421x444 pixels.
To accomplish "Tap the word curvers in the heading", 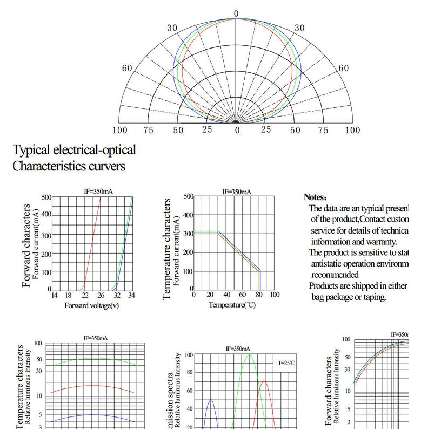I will click(x=105, y=166).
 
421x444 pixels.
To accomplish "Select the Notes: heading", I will click(x=315, y=197).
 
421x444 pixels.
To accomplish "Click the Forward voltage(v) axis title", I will click(x=92, y=306).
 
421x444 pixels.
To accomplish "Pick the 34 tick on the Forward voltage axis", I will click(x=132, y=295).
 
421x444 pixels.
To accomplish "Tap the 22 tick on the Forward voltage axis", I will click(x=85, y=295).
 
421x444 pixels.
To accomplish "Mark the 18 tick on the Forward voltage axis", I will click(x=68, y=295).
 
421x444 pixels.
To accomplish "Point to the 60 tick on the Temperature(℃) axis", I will click(x=243, y=295).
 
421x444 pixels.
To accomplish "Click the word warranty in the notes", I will click(x=380, y=242).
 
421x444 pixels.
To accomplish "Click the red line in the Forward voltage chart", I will click(x=92, y=243).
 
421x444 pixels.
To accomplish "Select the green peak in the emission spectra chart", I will click(x=249, y=355).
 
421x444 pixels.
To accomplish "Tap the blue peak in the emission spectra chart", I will click(x=211, y=400).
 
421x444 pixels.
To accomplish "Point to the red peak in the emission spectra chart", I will click(x=264, y=381).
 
